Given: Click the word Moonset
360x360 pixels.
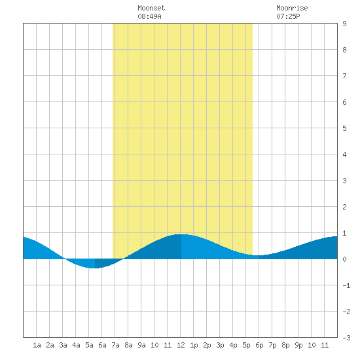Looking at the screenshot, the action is pyautogui.click(x=151, y=8).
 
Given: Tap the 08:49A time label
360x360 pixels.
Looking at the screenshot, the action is pyautogui.click(x=150, y=16).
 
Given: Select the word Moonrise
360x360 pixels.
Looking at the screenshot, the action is pyautogui.click(x=292, y=8).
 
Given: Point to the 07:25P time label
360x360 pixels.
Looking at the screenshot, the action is pyautogui.click(x=288, y=16).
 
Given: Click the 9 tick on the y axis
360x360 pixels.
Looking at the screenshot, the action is pyautogui.click(x=344, y=24).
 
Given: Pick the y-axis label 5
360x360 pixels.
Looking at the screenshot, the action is pyautogui.click(x=344, y=128).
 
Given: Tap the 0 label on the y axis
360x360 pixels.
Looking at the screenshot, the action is pyautogui.click(x=344, y=259).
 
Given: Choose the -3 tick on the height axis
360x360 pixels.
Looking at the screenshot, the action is pyautogui.click(x=346, y=338).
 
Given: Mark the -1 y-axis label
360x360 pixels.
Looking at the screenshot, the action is pyautogui.click(x=346, y=285).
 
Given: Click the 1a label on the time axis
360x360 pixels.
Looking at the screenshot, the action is pyautogui.click(x=37, y=345).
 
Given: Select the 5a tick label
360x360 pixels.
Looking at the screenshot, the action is pyautogui.click(x=89, y=345).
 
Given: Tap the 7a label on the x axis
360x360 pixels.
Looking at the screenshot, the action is pyautogui.click(x=115, y=345).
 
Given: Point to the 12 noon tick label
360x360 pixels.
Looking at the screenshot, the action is pyautogui.click(x=181, y=345).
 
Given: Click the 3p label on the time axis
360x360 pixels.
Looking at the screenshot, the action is pyautogui.click(x=220, y=345).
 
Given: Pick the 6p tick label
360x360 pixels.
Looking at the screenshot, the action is pyautogui.click(x=259, y=345).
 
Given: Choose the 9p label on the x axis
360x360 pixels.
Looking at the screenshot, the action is pyautogui.click(x=298, y=345).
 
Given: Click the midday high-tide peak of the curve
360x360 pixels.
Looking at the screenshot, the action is pyautogui.click(x=181, y=234).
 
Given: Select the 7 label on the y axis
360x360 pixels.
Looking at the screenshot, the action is pyautogui.click(x=344, y=76).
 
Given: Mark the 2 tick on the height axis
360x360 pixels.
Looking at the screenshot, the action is pyautogui.click(x=344, y=207).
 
